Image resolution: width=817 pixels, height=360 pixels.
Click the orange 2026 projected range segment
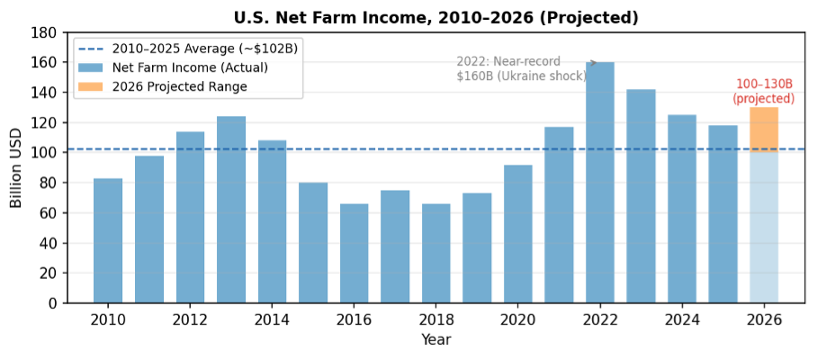point(764,130)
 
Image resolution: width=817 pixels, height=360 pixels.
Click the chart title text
point(435,17)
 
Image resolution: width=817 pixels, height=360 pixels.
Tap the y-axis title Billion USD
point(16,167)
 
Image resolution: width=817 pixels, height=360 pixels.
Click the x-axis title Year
point(435,339)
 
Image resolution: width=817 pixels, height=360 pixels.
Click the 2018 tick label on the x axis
point(436,319)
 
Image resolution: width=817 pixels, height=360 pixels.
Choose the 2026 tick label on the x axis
point(764,319)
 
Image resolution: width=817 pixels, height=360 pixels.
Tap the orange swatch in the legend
point(91,86)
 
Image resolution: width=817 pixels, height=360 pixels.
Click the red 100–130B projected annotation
point(763,91)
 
